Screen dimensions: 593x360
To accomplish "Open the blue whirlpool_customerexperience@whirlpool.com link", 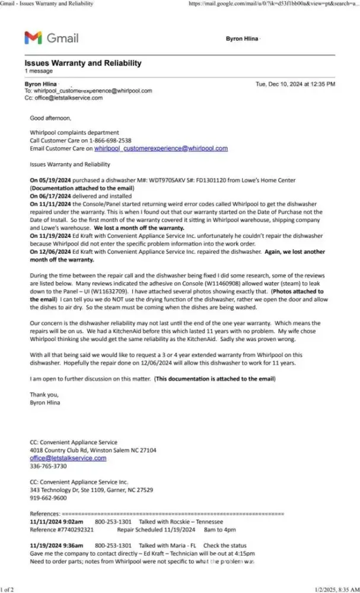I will tap(161, 148).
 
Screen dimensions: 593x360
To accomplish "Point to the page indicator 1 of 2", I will tap(8, 588).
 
